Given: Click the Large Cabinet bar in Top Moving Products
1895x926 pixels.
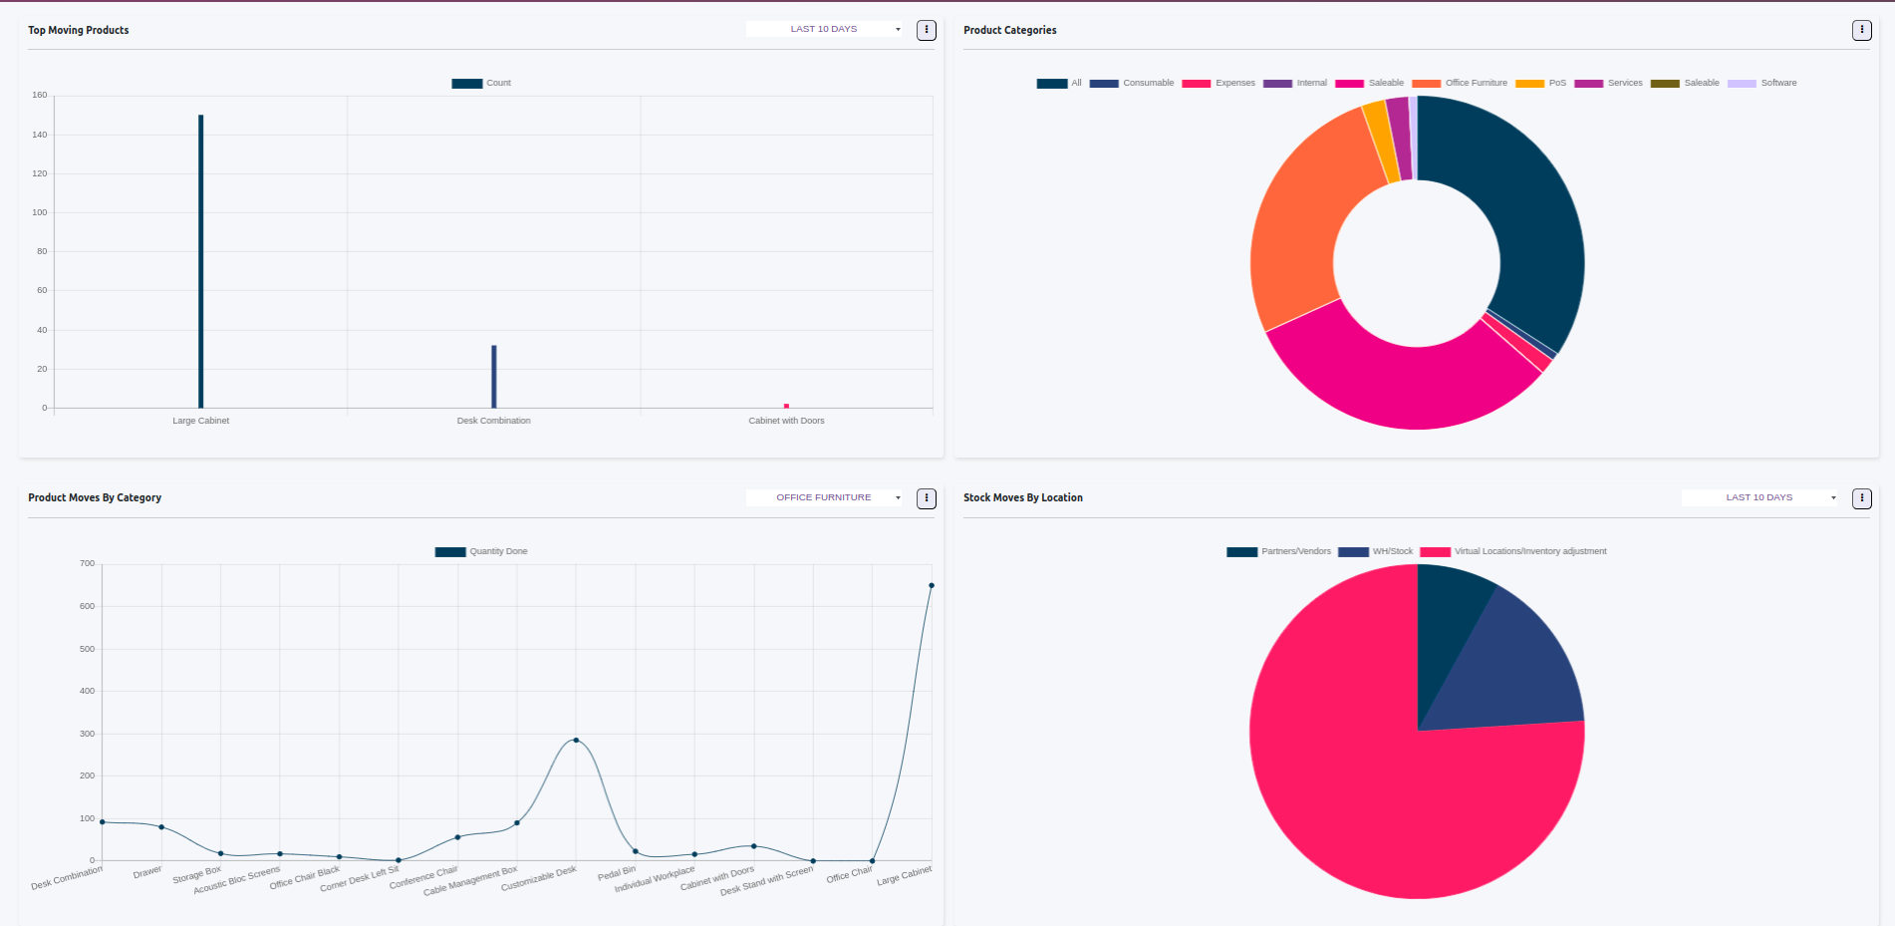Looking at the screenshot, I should [200, 261].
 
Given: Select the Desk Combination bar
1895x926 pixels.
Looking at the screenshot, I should [494, 377].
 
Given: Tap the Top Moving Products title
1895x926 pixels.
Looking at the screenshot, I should [79, 30].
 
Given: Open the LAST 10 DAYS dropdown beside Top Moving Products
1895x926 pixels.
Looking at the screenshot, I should [824, 29].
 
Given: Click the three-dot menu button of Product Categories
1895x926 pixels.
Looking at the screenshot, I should [1861, 30].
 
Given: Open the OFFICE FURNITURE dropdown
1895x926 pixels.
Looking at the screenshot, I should [824, 497].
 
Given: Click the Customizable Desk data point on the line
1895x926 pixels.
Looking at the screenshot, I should [576, 740].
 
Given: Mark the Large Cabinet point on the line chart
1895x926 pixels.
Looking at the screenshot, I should [932, 585].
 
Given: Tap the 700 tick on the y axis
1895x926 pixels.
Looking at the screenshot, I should [88, 563].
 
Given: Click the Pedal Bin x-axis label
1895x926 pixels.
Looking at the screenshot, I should [617, 873].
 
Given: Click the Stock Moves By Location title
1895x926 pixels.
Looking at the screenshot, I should [1023, 497].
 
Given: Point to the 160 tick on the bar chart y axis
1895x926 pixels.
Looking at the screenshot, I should [40, 95].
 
